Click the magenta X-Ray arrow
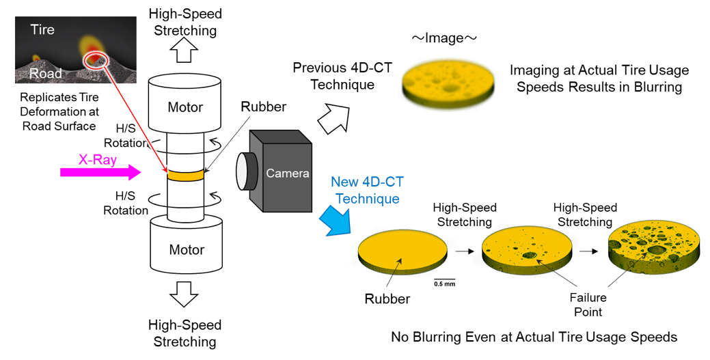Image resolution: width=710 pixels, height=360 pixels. (101, 173)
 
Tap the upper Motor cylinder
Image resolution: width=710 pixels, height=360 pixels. (185, 104)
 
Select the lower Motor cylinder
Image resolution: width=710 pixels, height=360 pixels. (186, 245)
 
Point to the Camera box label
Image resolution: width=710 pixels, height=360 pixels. (288, 173)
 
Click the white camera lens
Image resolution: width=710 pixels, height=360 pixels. (242, 171)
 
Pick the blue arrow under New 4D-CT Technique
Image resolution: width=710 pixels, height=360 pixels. (336, 220)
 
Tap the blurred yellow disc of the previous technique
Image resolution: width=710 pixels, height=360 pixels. (447, 81)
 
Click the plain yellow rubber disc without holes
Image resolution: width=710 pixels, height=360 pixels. (402, 251)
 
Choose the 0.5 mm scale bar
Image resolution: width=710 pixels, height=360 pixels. (444, 281)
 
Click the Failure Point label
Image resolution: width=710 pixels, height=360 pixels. (588, 305)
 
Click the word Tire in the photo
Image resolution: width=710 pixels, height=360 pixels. (42, 30)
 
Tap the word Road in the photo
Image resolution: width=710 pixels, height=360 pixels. (46, 73)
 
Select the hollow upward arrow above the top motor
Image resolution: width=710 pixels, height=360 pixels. (185, 52)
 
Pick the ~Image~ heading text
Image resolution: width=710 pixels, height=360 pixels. (443, 38)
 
